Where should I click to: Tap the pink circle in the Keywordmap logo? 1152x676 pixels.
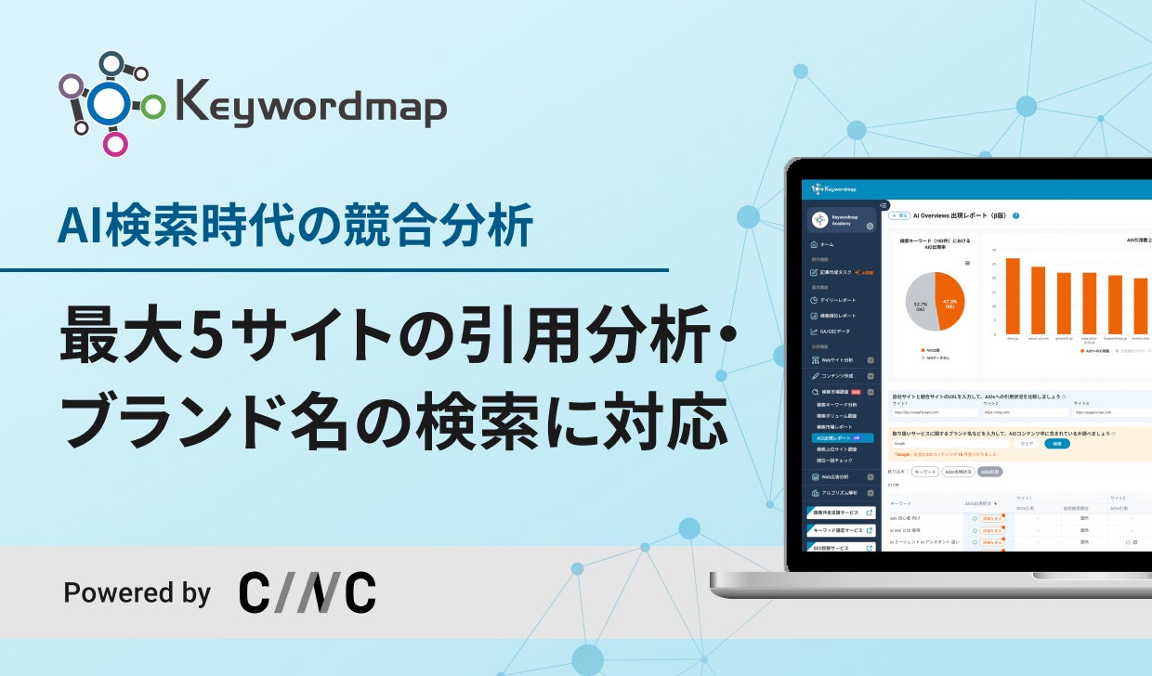[115, 144]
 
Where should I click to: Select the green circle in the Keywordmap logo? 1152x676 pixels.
[153, 107]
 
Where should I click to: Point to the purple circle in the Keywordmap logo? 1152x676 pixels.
[71, 86]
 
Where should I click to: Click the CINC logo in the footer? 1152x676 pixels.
[308, 592]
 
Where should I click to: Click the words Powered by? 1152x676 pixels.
[137, 592]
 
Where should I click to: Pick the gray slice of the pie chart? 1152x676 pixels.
[921, 301]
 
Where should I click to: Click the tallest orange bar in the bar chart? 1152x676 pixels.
[1013, 295]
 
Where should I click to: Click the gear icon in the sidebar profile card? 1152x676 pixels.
[870, 226]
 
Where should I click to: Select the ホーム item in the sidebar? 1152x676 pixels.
[827, 244]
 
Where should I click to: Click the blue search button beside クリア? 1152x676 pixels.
[1057, 444]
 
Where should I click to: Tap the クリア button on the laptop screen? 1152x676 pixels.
[1027, 444]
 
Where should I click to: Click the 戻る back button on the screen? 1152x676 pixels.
[899, 214]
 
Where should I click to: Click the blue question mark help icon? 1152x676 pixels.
[1016, 215]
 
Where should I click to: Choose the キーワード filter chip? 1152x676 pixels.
[925, 472]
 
